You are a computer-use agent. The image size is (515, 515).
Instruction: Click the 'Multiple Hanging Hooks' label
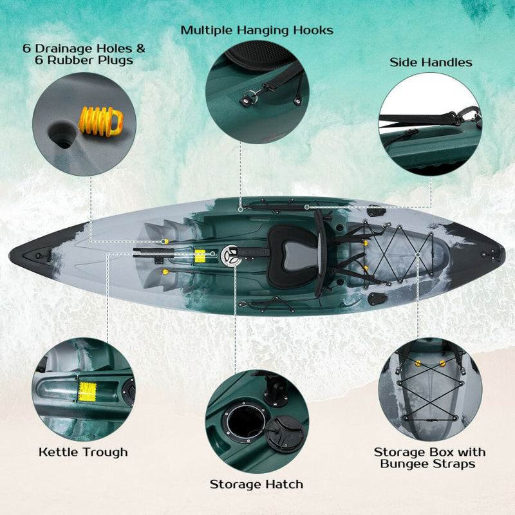click(x=257, y=30)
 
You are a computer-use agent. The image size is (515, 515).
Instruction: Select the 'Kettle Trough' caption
click(x=83, y=452)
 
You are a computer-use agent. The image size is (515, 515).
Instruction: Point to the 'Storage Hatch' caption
click(x=256, y=484)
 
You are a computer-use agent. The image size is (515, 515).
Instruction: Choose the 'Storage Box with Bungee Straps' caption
click(x=430, y=458)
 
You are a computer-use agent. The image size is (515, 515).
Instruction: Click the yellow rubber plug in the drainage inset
click(x=100, y=120)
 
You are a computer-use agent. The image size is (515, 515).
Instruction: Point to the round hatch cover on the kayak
click(x=230, y=255)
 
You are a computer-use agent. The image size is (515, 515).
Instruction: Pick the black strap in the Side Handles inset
click(x=425, y=120)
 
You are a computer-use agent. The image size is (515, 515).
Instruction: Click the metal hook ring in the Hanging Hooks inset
click(x=247, y=100)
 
